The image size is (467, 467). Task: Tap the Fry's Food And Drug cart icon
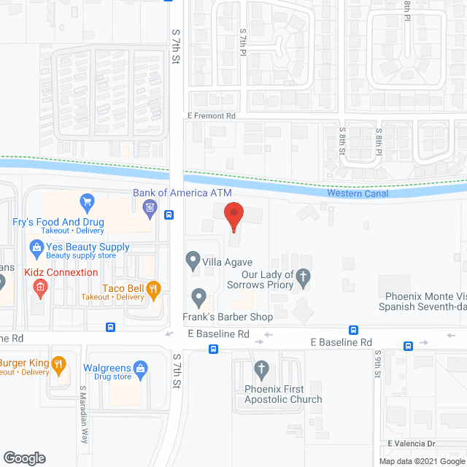tap(87, 202)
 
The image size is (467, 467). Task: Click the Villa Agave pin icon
tap(193, 259)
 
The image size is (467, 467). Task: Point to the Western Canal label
tap(358, 193)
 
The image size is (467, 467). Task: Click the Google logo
tap(24, 458)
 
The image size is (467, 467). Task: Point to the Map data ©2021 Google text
tap(420, 461)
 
